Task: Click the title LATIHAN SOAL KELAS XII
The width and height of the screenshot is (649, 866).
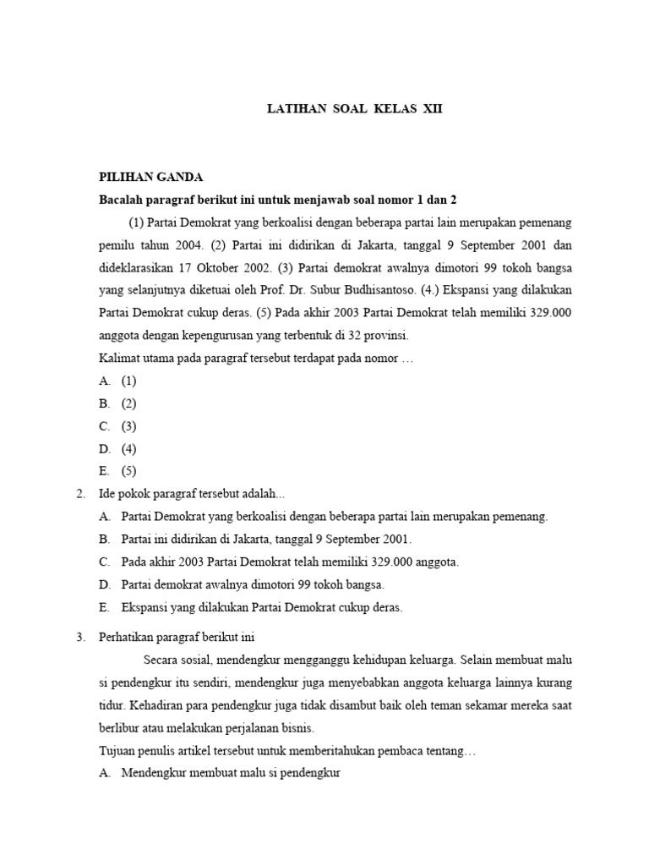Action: pyautogui.click(x=354, y=109)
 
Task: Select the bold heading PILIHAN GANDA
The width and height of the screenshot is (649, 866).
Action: pyautogui.click(x=151, y=177)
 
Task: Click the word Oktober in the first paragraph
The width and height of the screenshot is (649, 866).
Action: pyautogui.click(x=221, y=268)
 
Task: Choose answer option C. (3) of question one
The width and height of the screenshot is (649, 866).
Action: pyautogui.click(x=118, y=426)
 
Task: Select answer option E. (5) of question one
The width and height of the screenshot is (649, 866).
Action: pyautogui.click(x=118, y=471)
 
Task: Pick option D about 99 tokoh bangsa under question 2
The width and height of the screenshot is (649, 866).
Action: pyautogui.click(x=242, y=584)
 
